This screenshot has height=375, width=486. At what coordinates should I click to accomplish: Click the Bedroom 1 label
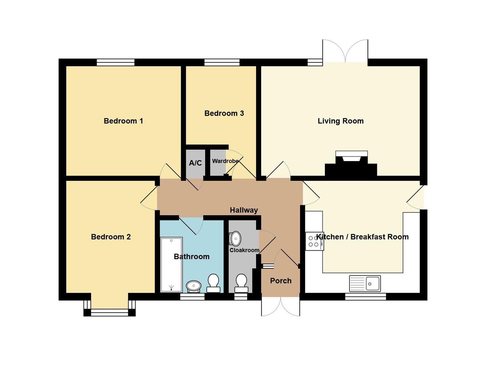[123, 121]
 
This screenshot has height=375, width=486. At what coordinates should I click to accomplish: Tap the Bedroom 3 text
[224, 113]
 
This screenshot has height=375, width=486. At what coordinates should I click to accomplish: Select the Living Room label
[341, 121]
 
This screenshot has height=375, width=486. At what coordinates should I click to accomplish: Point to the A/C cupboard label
[195, 163]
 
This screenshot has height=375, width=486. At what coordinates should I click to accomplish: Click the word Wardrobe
[225, 161]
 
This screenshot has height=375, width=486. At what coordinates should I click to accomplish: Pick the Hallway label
[244, 210]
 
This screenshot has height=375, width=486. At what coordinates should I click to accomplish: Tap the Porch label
[281, 281]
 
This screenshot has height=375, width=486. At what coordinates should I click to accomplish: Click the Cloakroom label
[245, 250]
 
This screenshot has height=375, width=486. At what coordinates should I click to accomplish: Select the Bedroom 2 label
[111, 237]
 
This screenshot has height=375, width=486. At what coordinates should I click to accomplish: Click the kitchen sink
[365, 283]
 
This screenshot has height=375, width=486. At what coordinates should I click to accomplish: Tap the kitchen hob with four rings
[315, 241]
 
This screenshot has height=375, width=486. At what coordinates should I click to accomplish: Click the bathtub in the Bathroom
[172, 265]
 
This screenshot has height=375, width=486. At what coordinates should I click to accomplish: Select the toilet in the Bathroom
[213, 283]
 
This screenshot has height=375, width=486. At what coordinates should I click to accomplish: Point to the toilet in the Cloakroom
[241, 283]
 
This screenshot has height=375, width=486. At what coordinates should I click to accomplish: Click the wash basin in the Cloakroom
[235, 239]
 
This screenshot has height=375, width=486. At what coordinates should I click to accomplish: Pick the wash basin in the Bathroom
[194, 286]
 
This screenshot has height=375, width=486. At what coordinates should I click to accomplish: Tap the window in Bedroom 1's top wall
[116, 62]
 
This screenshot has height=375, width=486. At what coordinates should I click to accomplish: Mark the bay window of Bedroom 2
[109, 308]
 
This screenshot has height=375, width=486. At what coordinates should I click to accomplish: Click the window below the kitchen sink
[366, 297]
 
